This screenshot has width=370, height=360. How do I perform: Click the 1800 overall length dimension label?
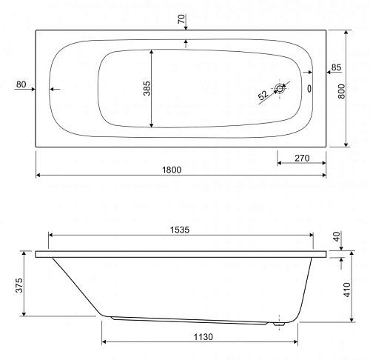(172, 170)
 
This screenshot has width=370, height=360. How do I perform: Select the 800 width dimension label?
(341, 91)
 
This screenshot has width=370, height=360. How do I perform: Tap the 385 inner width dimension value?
(147, 88)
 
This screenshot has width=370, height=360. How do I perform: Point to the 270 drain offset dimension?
(302, 158)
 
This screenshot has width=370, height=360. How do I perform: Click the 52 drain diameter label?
(263, 95)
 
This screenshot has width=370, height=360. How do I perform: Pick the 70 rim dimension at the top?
(181, 19)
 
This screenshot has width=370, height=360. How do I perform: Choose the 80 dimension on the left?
(21, 84)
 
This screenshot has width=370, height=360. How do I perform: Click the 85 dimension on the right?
(336, 67)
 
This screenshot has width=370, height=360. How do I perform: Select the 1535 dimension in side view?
(180, 230)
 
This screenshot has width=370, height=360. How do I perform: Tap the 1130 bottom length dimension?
(203, 337)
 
